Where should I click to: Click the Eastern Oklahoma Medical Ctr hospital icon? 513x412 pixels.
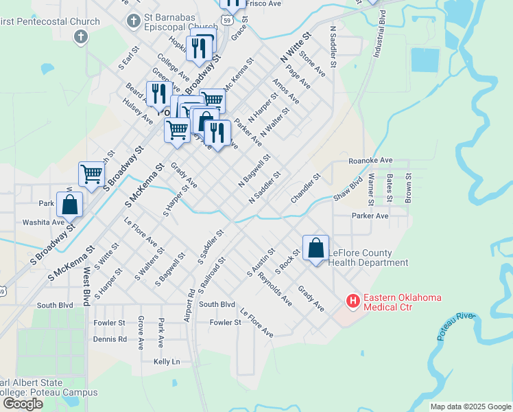(x=353, y=301)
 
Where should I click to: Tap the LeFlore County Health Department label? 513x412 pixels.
(x=368, y=257)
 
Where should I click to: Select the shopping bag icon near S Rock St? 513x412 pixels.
(x=315, y=249)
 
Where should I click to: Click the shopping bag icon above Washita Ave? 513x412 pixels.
(x=70, y=205)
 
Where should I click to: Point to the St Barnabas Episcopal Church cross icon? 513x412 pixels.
(x=134, y=21)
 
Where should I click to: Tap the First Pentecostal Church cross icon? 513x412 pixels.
(x=81, y=36)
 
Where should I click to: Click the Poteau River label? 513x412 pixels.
(x=456, y=317)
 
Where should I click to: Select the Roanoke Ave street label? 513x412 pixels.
(x=370, y=160)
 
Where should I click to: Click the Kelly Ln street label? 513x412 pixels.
(x=167, y=361)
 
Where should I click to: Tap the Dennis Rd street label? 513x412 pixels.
(x=110, y=339)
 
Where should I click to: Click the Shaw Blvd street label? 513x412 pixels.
(x=348, y=188)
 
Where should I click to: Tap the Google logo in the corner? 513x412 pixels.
(x=22, y=404)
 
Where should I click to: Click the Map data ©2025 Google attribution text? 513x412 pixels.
(x=470, y=407)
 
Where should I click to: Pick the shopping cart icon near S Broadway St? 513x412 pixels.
(x=91, y=173)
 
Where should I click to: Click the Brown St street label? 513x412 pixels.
(x=407, y=187)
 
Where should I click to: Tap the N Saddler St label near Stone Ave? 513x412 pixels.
(x=333, y=47)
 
